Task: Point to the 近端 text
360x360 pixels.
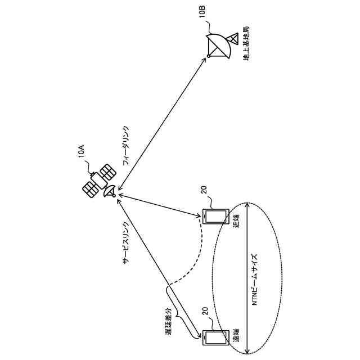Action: point(237,220)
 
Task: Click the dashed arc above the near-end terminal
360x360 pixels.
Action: point(191,259)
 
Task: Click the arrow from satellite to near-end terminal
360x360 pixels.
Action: point(160,205)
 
